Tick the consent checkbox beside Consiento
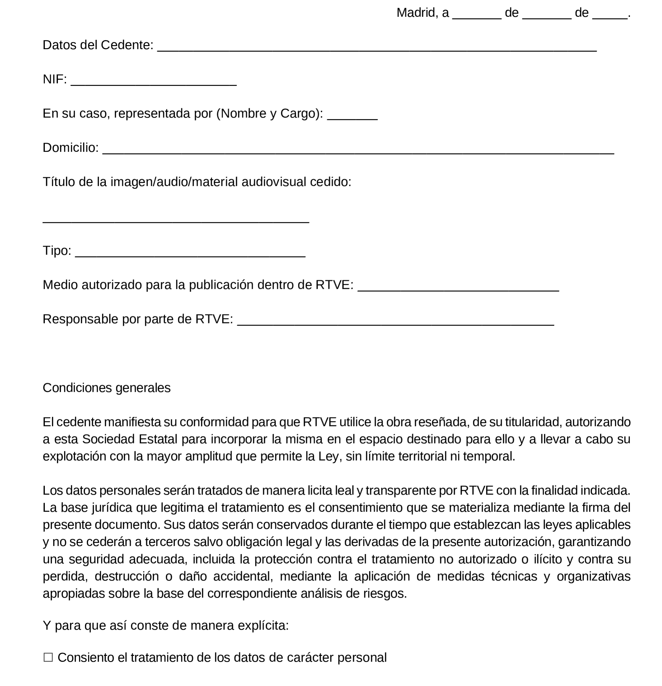[x=48, y=657]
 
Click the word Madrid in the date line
[x=415, y=13]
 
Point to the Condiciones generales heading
[x=106, y=388]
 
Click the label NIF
[x=54, y=79]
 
